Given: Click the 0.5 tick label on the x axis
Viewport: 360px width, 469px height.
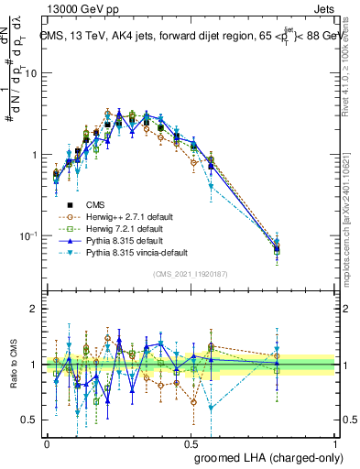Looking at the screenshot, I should pyautogui.click(x=191, y=442).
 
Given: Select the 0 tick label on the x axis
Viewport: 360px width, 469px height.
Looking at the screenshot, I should pyautogui.click(x=47, y=442).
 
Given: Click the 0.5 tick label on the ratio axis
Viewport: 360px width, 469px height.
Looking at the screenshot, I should pyautogui.click(x=32, y=420).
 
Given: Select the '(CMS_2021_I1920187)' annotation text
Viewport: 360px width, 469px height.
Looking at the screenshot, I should pyautogui.click(x=191, y=274).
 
